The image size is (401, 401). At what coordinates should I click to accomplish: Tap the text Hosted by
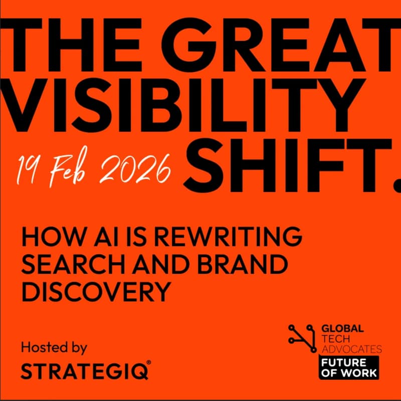(x=54, y=347)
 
